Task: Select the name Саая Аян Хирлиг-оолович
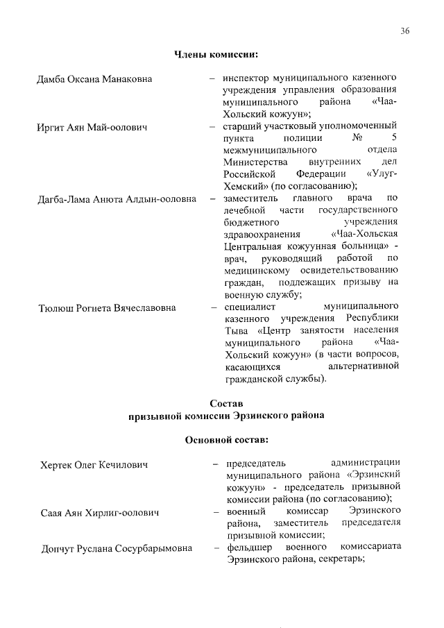(x=99, y=513)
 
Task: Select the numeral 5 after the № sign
(x=393, y=139)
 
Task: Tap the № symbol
(x=359, y=139)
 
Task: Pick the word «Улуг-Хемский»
(x=379, y=173)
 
